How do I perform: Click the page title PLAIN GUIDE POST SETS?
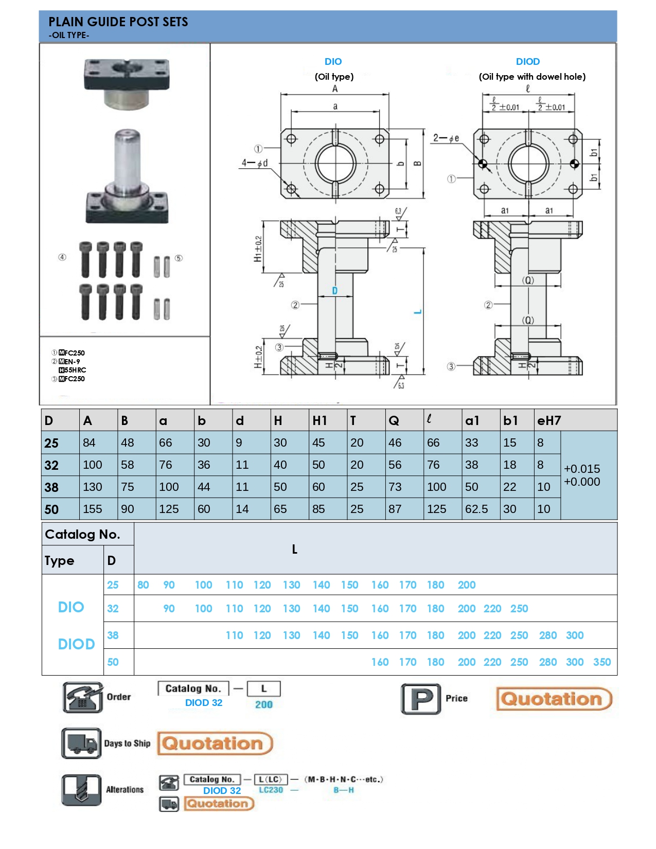tap(118, 22)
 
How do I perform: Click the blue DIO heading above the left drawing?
tap(333, 62)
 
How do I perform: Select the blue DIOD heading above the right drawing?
tap(527, 62)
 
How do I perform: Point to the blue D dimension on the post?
tap(334, 291)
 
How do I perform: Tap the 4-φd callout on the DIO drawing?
tap(255, 163)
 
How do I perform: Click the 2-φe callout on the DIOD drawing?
tap(446, 138)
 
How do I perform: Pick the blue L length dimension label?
tap(418, 312)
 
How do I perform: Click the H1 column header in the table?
tap(320, 420)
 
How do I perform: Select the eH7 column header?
tap(548, 420)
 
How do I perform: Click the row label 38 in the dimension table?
tap(51, 487)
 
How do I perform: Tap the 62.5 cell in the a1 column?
tap(476, 509)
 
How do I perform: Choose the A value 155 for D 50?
tap(93, 509)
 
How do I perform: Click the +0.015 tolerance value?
tap(582, 469)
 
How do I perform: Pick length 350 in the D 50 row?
tap(602, 662)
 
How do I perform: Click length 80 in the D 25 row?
tap(143, 585)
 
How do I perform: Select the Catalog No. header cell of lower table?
tap(82, 534)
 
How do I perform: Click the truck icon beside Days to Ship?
tap(81, 743)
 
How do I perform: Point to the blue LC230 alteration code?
tap(271, 790)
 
